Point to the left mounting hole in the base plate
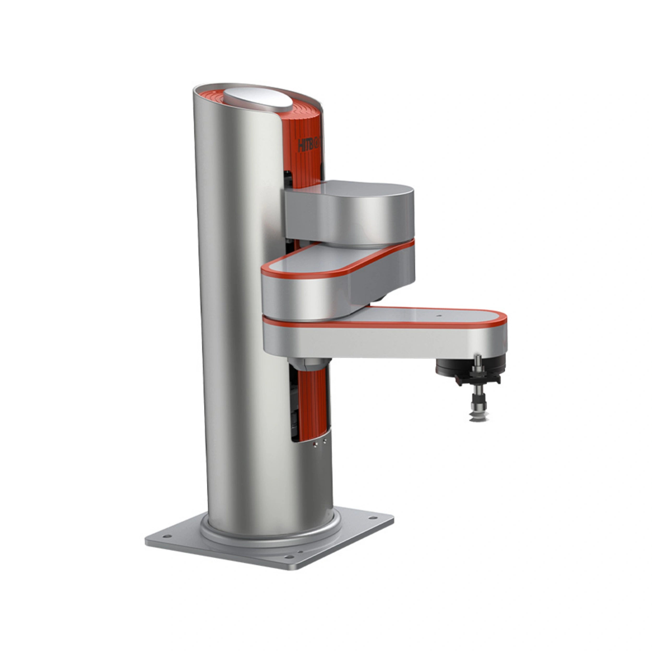click(166, 536)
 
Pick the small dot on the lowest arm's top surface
click(439, 316)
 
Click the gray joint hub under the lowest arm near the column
click(309, 364)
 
